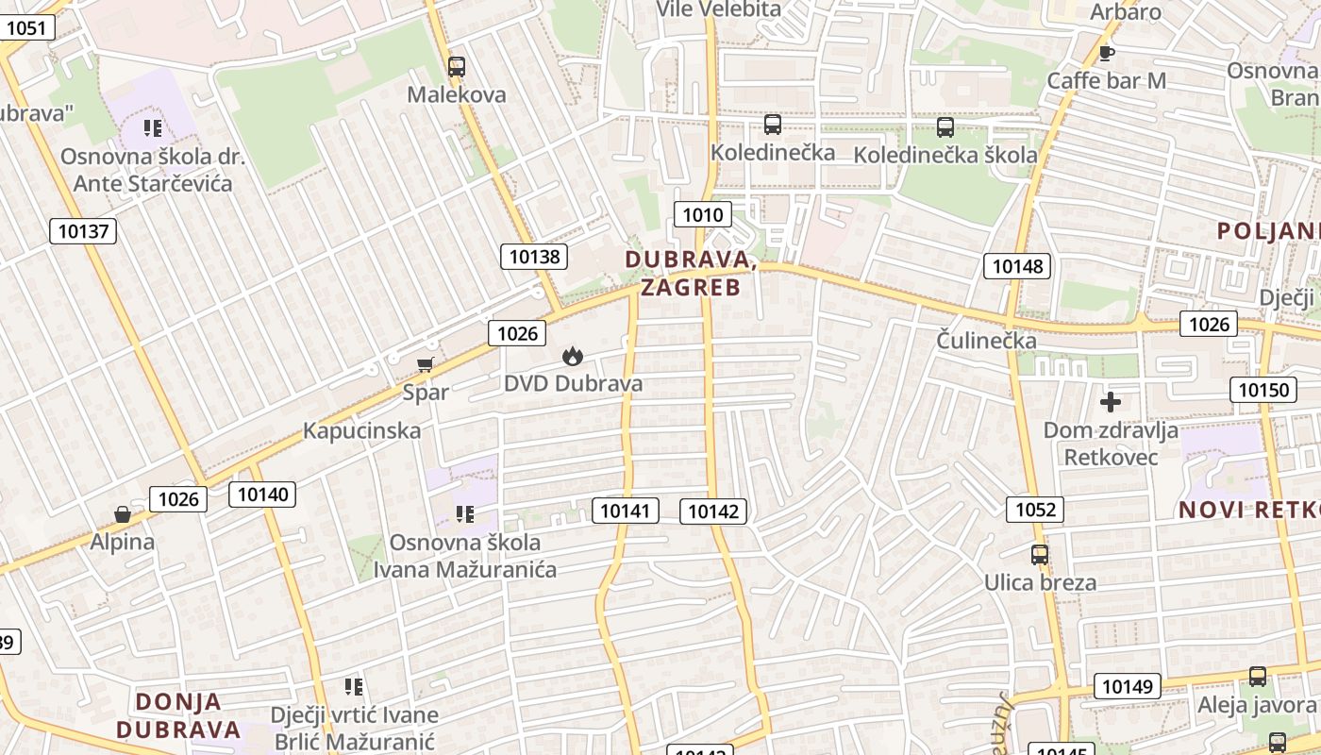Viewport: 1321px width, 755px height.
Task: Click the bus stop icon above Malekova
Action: coord(457,67)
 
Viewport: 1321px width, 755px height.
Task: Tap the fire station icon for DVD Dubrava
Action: coord(572,356)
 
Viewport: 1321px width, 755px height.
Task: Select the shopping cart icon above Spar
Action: coord(425,364)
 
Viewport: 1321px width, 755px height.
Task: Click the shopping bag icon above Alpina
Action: coord(123,514)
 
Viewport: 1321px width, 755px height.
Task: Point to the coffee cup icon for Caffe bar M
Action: coord(1107,52)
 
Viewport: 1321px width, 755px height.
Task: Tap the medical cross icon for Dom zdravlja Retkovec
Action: coord(1111,402)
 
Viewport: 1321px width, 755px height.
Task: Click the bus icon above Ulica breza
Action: coord(1040,555)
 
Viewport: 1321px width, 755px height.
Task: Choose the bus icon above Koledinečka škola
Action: coord(945,126)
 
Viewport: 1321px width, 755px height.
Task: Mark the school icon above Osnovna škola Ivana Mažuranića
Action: coord(464,514)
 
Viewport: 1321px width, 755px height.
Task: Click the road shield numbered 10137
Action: coord(83,230)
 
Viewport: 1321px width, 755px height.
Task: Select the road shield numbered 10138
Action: coord(534,256)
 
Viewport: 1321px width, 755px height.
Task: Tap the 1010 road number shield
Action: coord(702,214)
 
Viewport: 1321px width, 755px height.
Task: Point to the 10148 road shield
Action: coord(1017,266)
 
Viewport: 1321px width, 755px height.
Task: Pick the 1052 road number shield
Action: coord(1035,511)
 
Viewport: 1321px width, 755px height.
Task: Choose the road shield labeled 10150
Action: coord(1262,389)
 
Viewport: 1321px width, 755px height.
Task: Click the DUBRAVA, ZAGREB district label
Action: coord(691,273)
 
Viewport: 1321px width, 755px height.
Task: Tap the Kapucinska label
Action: coord(361,431)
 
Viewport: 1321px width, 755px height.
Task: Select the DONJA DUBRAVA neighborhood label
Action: coord(179,715)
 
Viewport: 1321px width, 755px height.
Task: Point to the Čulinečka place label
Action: coord(987,341)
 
